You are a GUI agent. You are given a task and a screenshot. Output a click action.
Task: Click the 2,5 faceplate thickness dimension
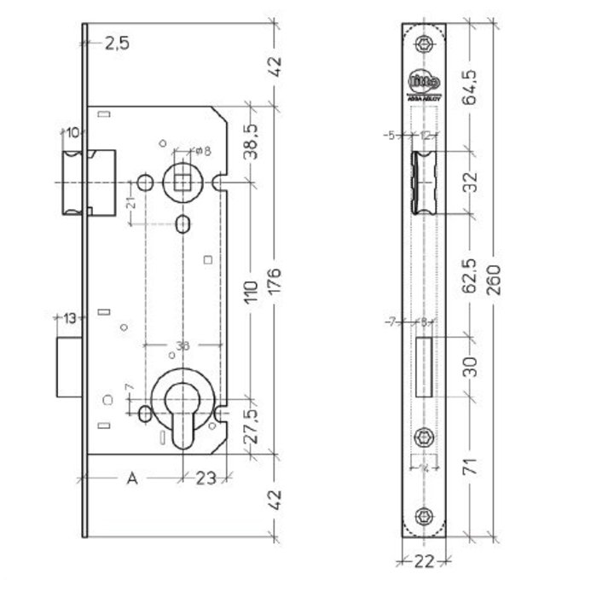click(117, 45)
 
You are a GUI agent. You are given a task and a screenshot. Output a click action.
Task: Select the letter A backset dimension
click(132, 478)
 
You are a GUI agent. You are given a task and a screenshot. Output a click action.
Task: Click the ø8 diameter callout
click(202, 150)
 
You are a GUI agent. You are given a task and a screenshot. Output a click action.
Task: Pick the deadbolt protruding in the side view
click(69, 367)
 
